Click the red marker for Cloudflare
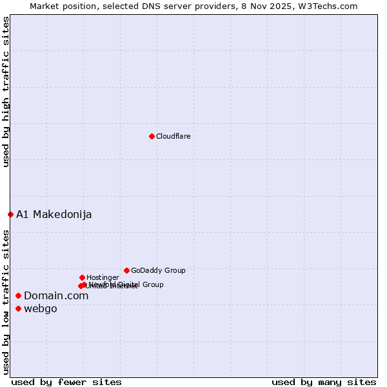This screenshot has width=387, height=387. click(x=152, y=136)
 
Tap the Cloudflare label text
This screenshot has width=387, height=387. click(x=173, y=136)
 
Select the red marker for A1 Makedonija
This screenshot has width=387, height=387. click(x=10, y=214)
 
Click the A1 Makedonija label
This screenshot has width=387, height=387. click(x=54, y=214)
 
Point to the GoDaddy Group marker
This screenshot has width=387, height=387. click(x=126, y=270)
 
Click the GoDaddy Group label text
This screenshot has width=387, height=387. click(x=158, y=270)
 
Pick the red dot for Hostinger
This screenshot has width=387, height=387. click(x=82, y=277)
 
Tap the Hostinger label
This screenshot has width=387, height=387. click(x=103, y=277)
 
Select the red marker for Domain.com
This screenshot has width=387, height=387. click(x=18, y=295)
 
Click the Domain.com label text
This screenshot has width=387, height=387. click(x=56, y=295)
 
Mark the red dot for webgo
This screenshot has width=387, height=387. click(x=18, y=308)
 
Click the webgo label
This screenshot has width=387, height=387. click(x=40, y=308)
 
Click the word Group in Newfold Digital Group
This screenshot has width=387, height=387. click(x=153, y=284)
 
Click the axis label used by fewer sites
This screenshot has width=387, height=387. click(x=66, y=382)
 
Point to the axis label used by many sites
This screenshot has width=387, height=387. click(x=324, y=382)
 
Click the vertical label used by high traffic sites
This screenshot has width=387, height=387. click(x=6, y=92)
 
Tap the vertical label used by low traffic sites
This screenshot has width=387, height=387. click(x=6, y=302)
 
